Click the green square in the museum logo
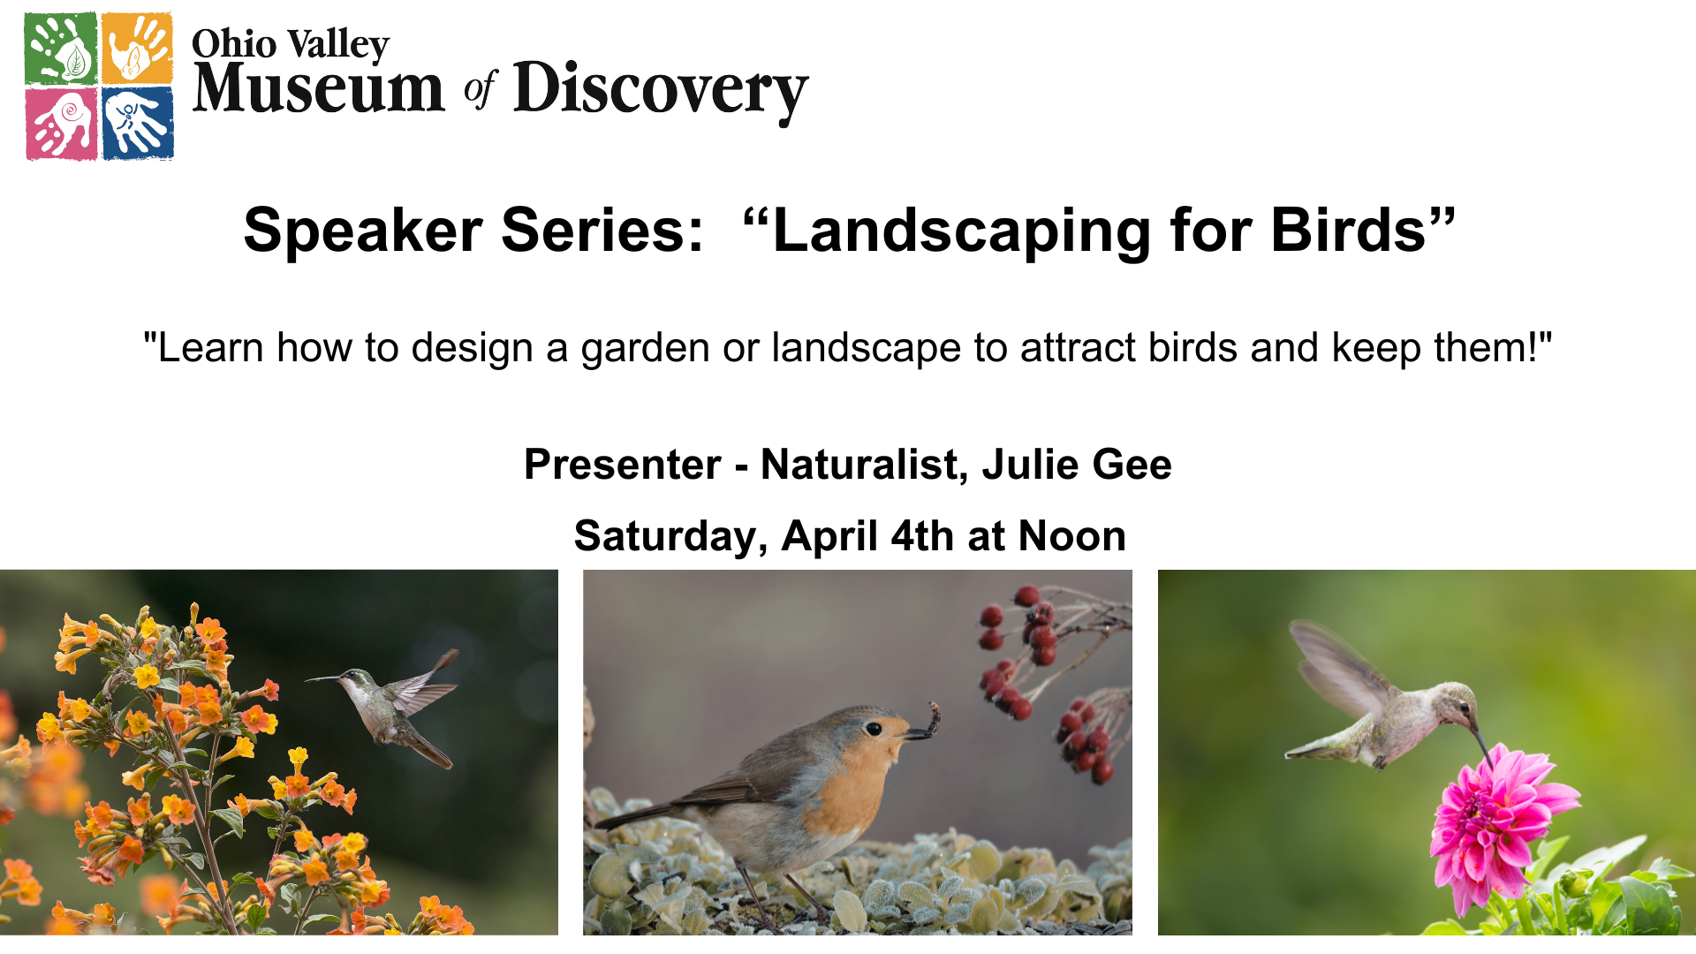tap(61, 49)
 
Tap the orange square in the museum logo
tap(137, 49)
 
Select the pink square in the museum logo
tap(61, 124)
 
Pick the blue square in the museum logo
tap(138, 124)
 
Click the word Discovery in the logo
tap(661, 90)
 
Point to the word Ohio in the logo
tap(234, 44)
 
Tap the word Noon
tap(1072, 536)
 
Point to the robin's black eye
tap(874, 729)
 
